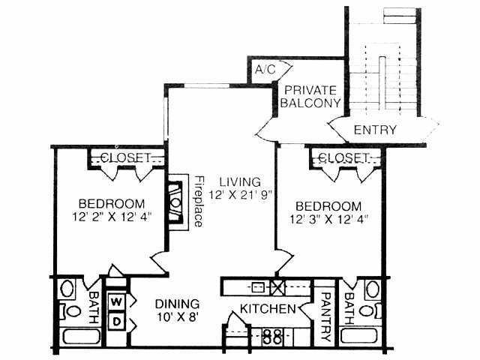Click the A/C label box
[265, 69]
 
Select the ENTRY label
[375, 130]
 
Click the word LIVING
[240, 181]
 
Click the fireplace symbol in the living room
[175, 202]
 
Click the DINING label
[178, 304]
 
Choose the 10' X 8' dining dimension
[178, 317]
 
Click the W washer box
[116, 301]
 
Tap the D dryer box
[116, 321]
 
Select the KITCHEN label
[266, 308]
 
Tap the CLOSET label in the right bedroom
[344, 157]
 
